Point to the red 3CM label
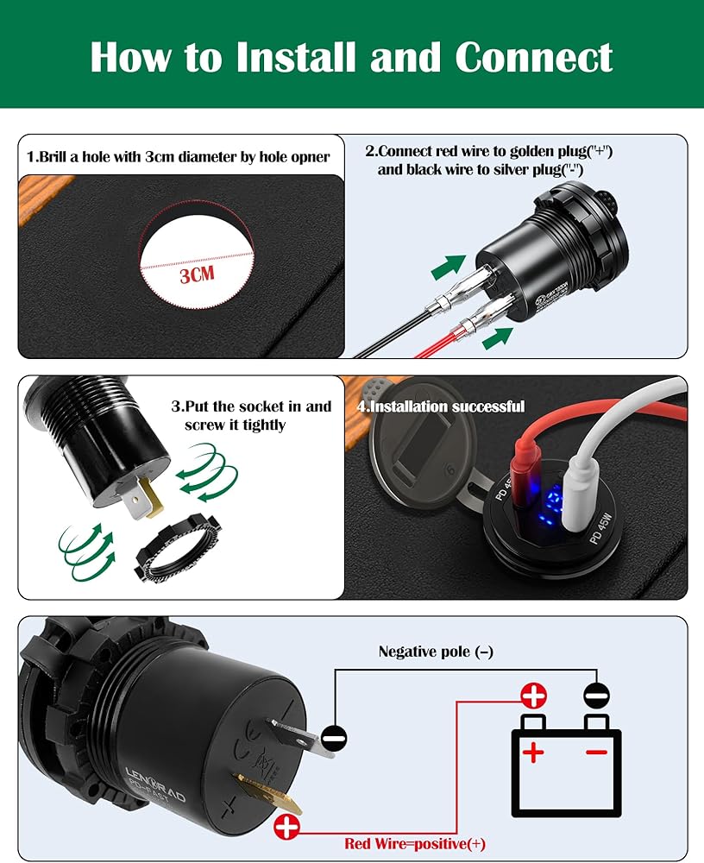point(197,276)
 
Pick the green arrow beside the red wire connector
point(493,337)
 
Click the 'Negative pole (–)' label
point(436,652)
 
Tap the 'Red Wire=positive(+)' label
point(414,844)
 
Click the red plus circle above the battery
point(532,696)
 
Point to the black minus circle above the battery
point(595,696)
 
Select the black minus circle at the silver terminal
point(334,739)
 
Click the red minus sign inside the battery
point(595,753)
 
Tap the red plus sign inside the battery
point(534,753)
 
